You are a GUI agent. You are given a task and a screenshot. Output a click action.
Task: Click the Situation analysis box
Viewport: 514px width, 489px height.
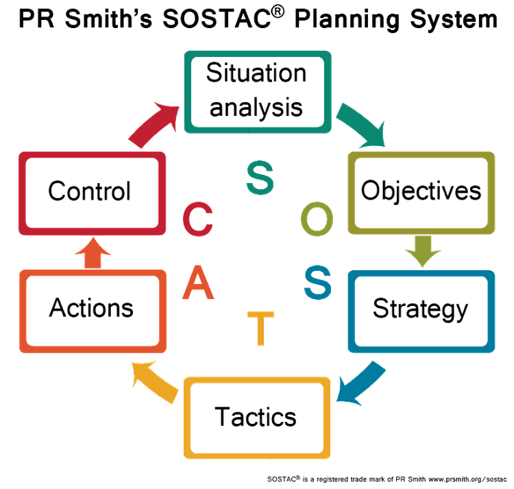256,91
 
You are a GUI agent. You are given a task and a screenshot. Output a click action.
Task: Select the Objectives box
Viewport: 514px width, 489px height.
421,190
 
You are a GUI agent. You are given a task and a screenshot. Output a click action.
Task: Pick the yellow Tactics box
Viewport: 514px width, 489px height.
256,416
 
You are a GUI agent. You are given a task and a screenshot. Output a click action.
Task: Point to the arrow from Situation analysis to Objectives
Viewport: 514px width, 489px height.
364,125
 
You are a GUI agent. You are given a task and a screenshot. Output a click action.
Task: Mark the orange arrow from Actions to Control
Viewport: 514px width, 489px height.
92,253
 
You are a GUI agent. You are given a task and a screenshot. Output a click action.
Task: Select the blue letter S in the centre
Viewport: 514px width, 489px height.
317,281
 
